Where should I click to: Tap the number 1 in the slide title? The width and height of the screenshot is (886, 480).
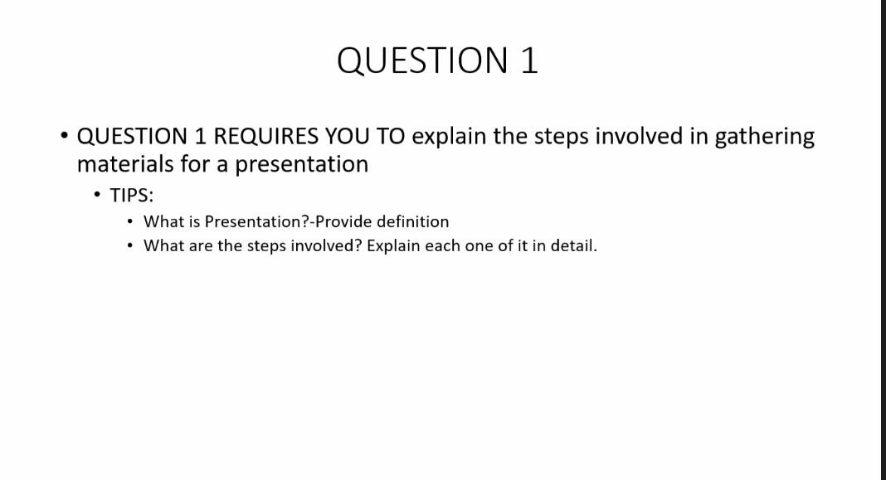(529, 61)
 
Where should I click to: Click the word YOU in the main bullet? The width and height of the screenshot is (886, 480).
(348, 136)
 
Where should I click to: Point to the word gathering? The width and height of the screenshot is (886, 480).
(764, 137)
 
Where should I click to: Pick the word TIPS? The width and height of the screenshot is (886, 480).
(132, 196)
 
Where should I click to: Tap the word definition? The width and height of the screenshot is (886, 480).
(408, 221)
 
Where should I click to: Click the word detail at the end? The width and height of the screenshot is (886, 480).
(574, 246)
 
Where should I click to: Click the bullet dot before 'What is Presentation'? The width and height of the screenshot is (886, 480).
(130, 222)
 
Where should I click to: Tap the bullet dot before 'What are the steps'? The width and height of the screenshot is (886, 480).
(130, 246)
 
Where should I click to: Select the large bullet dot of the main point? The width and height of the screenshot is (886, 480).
(63, 136)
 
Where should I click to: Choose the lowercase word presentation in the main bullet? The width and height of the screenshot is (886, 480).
(302, 164)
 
